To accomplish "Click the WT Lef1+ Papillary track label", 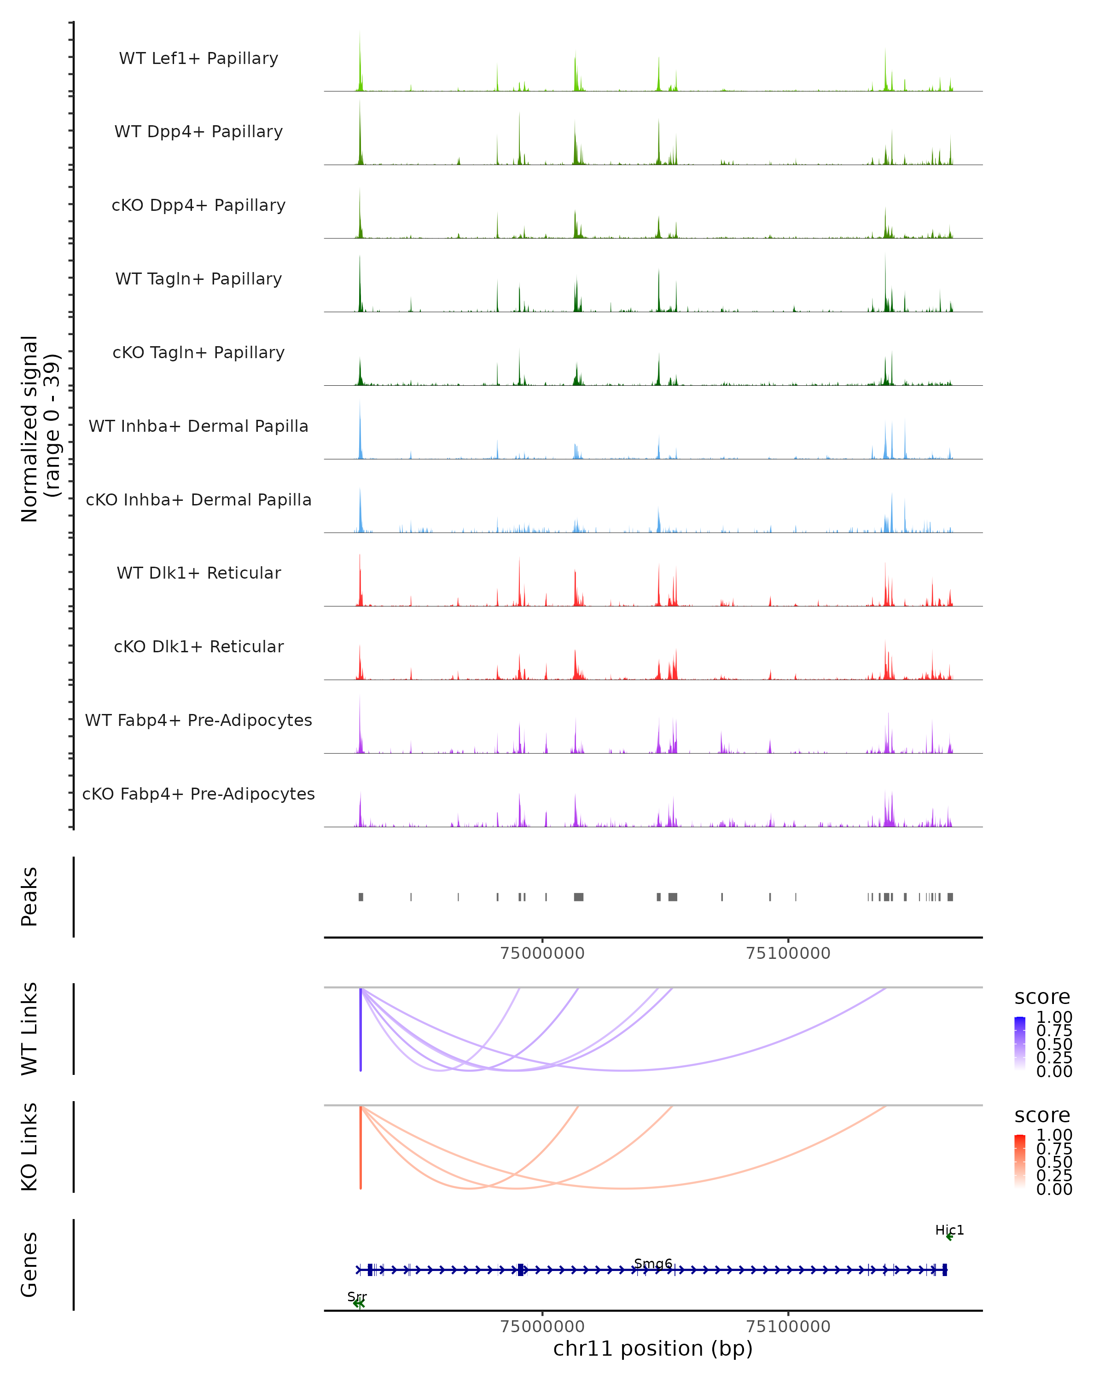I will [x=198, y=58].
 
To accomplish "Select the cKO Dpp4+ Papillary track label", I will [x=198, y=205].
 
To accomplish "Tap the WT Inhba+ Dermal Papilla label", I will [x=198, y=426].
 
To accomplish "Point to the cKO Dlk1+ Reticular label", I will [x=198, y=646].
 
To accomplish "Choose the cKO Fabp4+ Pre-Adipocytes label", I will [x=198, y=794].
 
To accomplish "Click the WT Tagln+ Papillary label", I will [x=198, y=279].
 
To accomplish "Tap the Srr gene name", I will [x=357, y=1296].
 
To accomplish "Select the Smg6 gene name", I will [x=653, y=1263].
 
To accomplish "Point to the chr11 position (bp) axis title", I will [x=653, y=1349].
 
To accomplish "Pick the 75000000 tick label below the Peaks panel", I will [x=542, y=953].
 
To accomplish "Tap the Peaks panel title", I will [x=29, y=897].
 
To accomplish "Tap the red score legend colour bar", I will [x=1020, y=1161].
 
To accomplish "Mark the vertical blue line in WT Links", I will [x=361, y=1029].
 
